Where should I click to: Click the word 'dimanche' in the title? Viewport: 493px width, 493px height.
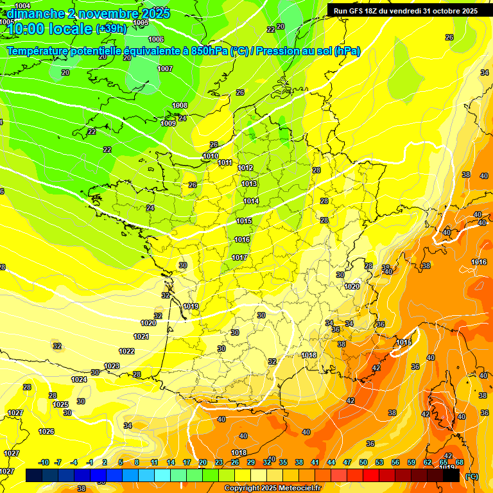pyautogui.click(x=36, y=13)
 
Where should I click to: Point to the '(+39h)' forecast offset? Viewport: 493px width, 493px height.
pyautogui.click(x=112, y=29)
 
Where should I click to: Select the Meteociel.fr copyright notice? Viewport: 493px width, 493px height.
pyautogui.click(x=273, y=488)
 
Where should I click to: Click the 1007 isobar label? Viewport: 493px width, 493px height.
pyautogui.click(x=165, y=69)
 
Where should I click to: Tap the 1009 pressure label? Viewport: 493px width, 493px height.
pyautogui.click(x=168, y=123)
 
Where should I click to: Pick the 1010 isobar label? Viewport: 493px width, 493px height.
pyautogui.click(x=211, y=156)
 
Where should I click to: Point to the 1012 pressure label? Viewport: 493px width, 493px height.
pyautogui.click(x=246, y=168)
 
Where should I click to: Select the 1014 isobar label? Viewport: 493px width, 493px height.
pyautogui.click(x=251, y=201)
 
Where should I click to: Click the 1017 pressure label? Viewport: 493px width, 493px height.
pyautogui.click(x=239, y=257)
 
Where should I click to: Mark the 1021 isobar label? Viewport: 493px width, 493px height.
pyautogui.click(x=141, y=336)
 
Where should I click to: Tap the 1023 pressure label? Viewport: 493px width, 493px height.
pyautogui.click(x=112, y=366)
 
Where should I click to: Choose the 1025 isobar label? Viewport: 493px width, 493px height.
pyautogui.click(x=60, y=404)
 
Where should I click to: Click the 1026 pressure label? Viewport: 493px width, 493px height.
pyautogui.click(x=46, y=431)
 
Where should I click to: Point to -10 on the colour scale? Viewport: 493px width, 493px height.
pyautogui.click(x=44, y=462)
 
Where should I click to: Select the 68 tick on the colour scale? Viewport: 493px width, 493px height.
pyautogui.click(x=460, y=462)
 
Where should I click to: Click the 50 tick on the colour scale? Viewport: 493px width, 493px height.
pyautogui.click(x=363, y=462)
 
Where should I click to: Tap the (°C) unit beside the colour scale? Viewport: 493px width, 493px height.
pyautogui.click(x=471, y=476)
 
